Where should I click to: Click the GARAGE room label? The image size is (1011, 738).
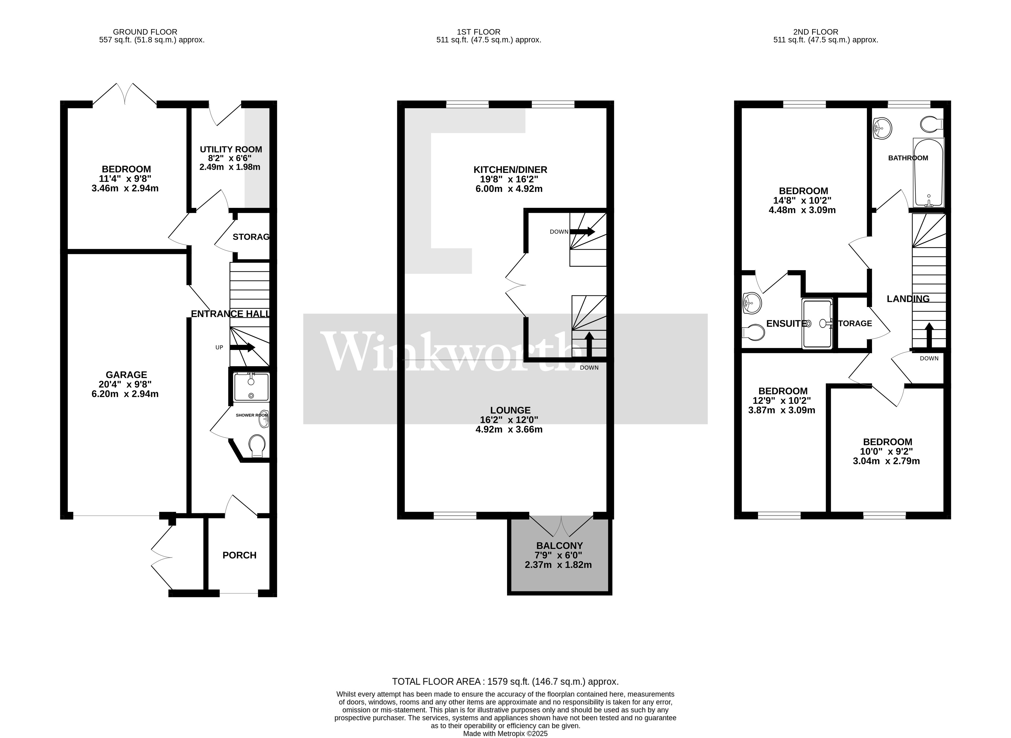127,375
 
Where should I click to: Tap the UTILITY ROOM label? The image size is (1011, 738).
231,149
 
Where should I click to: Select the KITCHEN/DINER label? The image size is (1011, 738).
510,170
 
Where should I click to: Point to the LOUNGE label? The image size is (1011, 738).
510,410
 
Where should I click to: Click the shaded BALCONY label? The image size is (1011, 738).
559,545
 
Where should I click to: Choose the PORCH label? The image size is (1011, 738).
240,555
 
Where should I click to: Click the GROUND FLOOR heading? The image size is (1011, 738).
145,32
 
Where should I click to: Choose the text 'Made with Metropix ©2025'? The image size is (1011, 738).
505,734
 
